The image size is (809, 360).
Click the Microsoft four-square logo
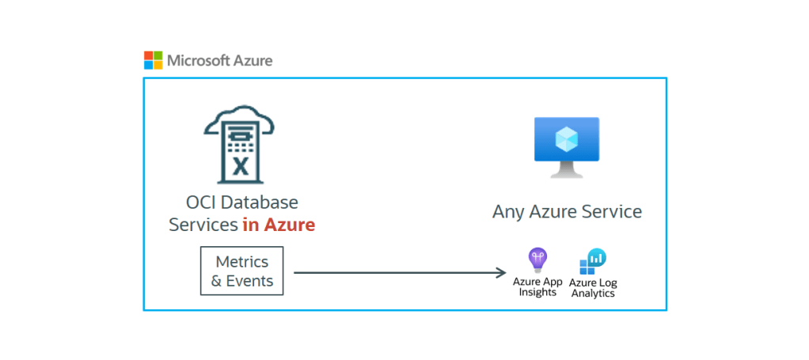(x=153, y=60)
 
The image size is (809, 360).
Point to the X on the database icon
(x=240, y=167)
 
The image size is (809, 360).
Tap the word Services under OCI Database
(x=203, y=225)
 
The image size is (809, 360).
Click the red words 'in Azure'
(x=279, y=225)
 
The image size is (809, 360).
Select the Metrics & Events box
(x=242, y=271)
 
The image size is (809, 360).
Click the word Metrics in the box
(x=242, y=262)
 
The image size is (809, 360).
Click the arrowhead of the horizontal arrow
(x=501, y=273)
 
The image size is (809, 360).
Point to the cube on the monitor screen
(x=566, y=139)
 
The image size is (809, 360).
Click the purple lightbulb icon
(x=538, y=259)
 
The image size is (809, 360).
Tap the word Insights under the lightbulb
(x=538, y=292)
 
